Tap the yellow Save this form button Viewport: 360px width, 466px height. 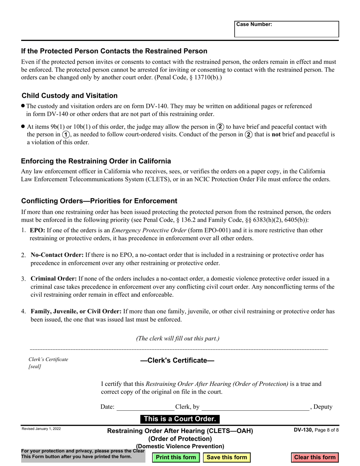pyautogui.click(x=227, y=457)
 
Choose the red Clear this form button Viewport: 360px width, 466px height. pyautogui.click(x=315, y=457)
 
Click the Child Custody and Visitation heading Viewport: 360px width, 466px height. pyautogui.click(x=69, y=95)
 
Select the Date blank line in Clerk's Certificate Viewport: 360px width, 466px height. pyautogui.click(x=145, y=407)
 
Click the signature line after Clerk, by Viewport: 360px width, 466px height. pyautogui.click(x=255, y=407)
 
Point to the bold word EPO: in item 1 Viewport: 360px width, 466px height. pyautogui.click(x=38, y=230)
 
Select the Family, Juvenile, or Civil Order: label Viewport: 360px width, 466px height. pyautogui.click(x=76, y=311)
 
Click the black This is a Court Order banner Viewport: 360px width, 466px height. pyautogui.click(x=180, y=419)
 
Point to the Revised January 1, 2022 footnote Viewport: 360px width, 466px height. pyautogui.click(x=41, y=429)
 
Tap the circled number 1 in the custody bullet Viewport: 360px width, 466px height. pyautogui.click(x=66, y=134)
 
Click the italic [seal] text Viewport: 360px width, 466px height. pyautogui.click(x=35, y=367)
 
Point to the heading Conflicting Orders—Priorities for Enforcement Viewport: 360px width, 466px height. pyautogui.click(x=99, y=201)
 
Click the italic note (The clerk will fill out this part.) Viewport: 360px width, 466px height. pyautogui.click(x=178, y=338)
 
